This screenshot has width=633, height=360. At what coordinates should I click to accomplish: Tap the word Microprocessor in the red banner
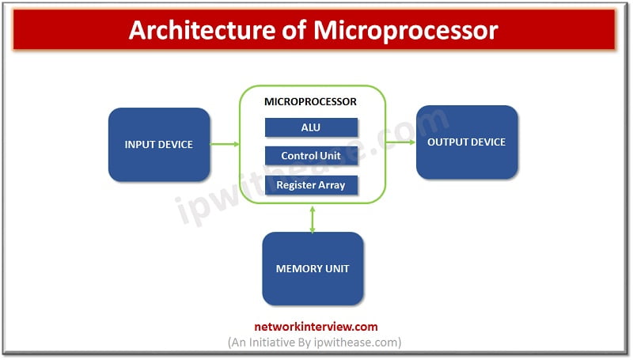point(406,30)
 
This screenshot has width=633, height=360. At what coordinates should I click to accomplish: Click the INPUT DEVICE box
point(159,145)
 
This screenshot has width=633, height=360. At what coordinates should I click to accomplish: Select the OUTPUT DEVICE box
point(466,142)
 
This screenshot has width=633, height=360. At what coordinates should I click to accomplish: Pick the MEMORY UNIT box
point(313,268)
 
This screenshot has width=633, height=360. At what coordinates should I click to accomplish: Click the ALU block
point(311,127)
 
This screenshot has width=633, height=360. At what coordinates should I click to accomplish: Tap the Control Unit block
point(311,156)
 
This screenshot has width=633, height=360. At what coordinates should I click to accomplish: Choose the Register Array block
point(311,185)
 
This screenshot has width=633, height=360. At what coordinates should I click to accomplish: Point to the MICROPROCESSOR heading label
point(310,102)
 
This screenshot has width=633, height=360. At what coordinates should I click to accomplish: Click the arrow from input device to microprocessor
point(225,144)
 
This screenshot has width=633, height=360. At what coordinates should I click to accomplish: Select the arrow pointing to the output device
point(400,142)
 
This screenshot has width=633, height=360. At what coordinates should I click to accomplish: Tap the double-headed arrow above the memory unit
point(313,218)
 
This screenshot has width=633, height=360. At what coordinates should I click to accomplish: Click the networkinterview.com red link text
point(316,326)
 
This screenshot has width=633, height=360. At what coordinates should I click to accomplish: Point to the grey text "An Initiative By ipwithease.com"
point(315,342)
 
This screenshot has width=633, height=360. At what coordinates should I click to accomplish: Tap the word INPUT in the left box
point(139,145)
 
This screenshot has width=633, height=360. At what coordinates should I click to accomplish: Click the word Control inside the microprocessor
point(299,156)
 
